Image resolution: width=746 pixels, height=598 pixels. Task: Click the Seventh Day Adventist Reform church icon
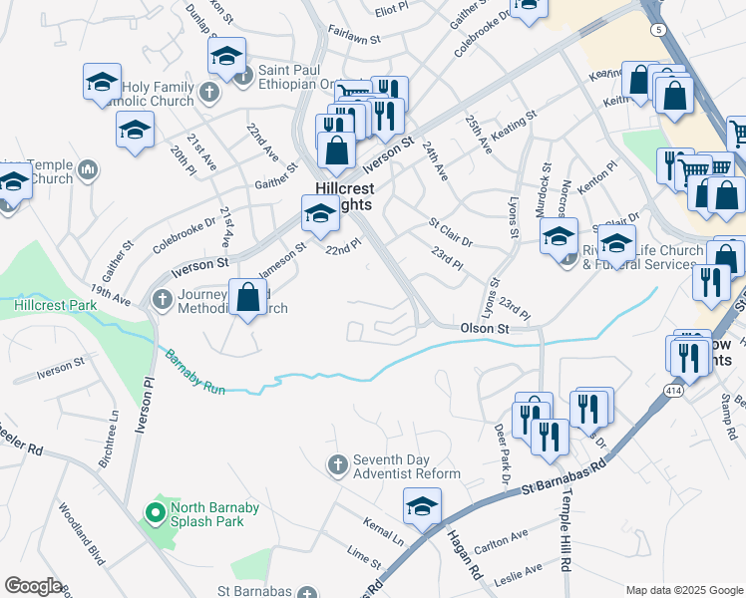tap(338, 464)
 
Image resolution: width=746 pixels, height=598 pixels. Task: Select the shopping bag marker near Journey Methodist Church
tap(246, 298)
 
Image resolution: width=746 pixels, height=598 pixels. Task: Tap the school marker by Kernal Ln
tap(422, 507)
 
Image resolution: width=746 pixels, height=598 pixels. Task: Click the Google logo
tap(33, 586)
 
